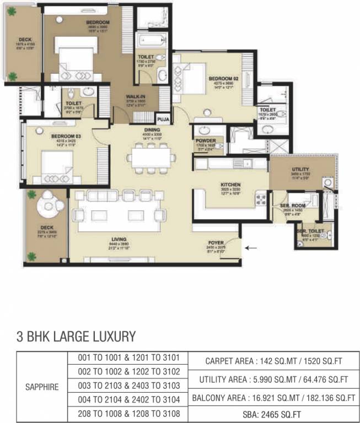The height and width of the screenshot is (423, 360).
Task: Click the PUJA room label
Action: pos(163,118)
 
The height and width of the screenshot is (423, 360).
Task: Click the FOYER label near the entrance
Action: pos(216,242)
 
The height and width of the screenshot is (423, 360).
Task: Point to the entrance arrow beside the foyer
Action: pos(251,248)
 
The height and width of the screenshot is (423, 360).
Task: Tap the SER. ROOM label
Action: pos(289,206)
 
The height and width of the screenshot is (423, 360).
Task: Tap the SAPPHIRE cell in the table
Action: pos(42,387)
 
